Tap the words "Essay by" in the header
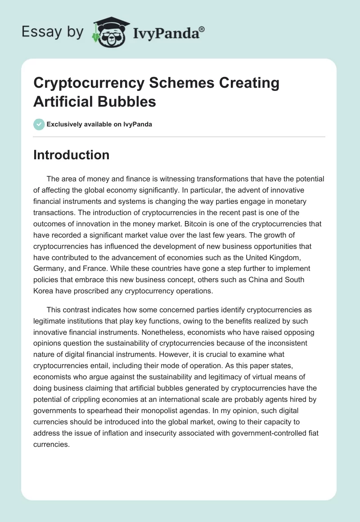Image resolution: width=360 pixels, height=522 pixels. (53, 32)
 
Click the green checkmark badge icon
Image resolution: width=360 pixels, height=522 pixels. (39, 124)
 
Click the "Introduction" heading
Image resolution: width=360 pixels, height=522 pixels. (72, 155)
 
